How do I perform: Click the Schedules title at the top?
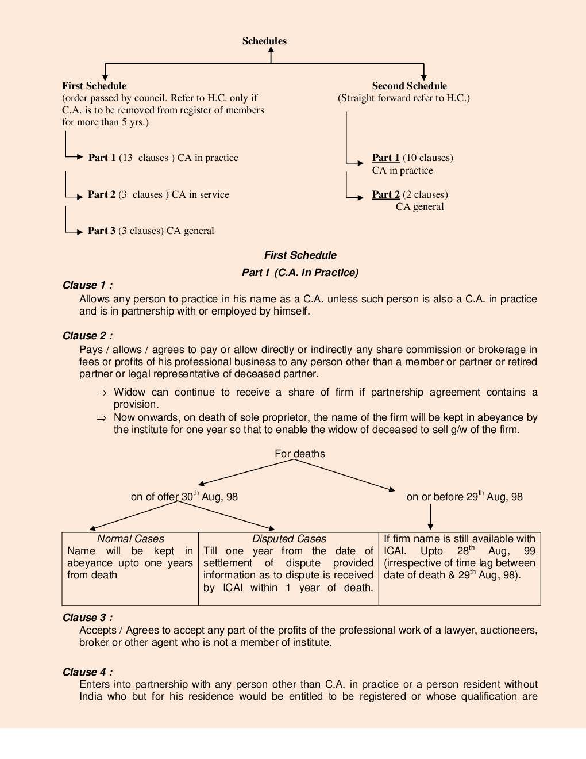pos(264,41)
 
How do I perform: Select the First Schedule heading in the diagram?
pos(94,86)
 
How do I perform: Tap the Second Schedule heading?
pos(409,86)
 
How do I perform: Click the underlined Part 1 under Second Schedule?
pos(385,158)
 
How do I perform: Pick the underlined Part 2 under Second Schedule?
pos(385,194)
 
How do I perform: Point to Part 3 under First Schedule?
pos(102,231)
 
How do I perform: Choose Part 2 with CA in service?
pos(102,194)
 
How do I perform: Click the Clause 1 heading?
pos(87,285)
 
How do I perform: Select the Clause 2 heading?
pos(87,336)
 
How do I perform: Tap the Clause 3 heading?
pos(87,618)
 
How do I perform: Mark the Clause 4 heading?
pos(87,672)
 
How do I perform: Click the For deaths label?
pos(299,454)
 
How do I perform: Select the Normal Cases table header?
pos(130,539)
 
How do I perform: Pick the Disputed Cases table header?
pos(289,539)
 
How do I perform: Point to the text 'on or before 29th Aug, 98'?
pos(464,497)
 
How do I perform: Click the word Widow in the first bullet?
pos(129,392)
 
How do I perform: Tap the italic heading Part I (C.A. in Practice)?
pos(300,273)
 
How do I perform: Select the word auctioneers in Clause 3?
pos(508,630)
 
